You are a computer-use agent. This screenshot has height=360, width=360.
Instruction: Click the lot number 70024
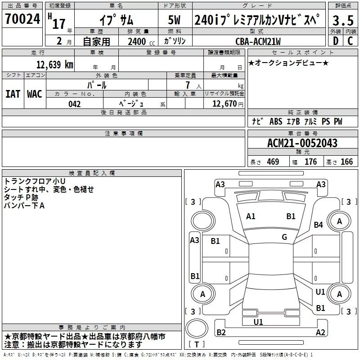[22, 20]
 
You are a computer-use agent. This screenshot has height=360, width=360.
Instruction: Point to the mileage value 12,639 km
[55, 65]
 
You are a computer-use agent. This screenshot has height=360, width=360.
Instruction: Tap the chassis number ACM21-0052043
[302, 143]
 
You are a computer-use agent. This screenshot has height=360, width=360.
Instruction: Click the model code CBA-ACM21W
[258, 41]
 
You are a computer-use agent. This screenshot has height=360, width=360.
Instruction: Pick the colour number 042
[75, 104]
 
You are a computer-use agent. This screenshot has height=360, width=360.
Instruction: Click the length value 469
[273, 162]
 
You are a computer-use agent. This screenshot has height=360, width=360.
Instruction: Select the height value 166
[346, 162]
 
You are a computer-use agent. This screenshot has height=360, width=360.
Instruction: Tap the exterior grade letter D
[335, 41]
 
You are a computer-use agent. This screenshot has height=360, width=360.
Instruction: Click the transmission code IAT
[13, 94]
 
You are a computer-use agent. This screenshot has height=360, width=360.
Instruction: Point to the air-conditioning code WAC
[35, 94]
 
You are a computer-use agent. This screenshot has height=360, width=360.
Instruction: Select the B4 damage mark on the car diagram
[319, 225]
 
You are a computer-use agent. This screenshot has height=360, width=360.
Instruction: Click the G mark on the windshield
[284, 237]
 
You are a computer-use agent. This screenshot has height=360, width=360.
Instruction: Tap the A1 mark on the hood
[251, 216]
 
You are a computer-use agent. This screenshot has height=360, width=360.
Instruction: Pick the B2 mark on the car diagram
[221, 333]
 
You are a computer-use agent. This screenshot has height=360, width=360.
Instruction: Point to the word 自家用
[96, 42]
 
